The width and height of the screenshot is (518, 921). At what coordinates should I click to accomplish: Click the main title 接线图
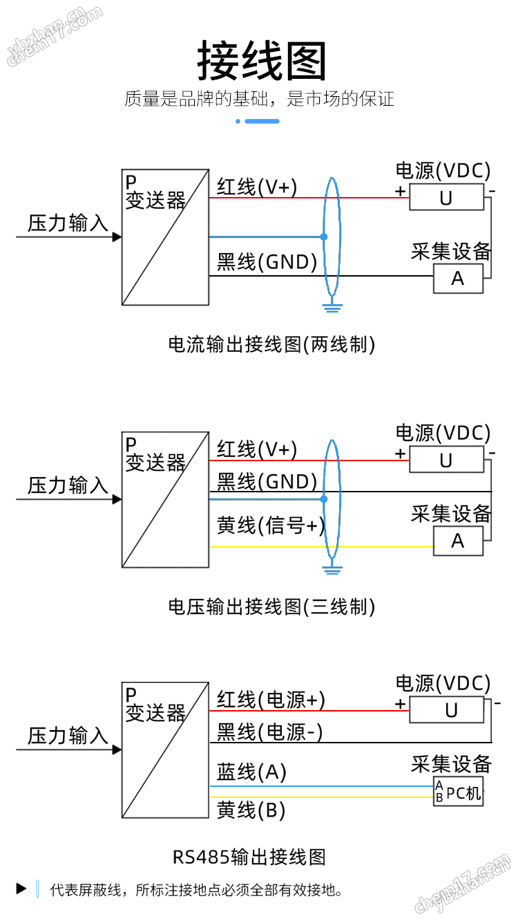pyautogui.click(x=261, y=61)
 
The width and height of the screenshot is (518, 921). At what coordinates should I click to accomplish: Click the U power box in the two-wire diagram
pyautogui.click(x=447, y=197)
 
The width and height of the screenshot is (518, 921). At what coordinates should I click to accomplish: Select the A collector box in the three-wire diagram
pyautogui.click(x=458, y=541)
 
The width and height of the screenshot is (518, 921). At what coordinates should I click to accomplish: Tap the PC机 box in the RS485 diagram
pyautogui.click(x=458, y=791)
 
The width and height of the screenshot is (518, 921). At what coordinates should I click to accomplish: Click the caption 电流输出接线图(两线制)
pyautogui.click(x=271, y=344)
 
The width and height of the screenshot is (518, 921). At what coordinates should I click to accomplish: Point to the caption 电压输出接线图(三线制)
pyautogui.click(x=271, y=607)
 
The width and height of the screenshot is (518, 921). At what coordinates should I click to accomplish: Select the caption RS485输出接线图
pyautogui.click(x=249, y=857)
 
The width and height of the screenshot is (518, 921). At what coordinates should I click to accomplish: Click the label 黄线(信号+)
pyautogui.click(x=271, y=525)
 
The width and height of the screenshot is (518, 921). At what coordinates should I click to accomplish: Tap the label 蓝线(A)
pyautogui.click(x=251, y=772)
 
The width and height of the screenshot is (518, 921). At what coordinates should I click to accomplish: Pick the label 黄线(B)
pyautogui.click(x=251, y=810)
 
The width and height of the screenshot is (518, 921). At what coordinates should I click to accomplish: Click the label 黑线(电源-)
pyautogui.click(x=269, y=732)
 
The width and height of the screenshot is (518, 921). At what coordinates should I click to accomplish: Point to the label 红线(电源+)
pyautogui.click(x=271, y=699)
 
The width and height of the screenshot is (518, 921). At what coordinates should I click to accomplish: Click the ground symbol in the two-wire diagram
pyautogui.click(x=332, y=308)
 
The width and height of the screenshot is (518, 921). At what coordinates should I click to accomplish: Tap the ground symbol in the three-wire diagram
pyautogui.click(x=332, y=570)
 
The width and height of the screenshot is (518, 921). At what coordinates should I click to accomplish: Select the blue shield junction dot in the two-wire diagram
pyautogui.click(x=324, y=237)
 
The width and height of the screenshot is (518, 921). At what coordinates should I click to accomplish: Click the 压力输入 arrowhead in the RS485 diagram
pyautogui.click(x=117, y=750)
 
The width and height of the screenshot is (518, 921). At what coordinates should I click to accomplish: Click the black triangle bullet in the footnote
pyautogui.click(x=21, y=889)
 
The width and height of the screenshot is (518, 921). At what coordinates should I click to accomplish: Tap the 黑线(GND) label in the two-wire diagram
pyautogui.click(x=267, y=262)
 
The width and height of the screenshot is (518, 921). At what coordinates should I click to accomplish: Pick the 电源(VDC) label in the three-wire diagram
pyautogui.click(x=443, y=434)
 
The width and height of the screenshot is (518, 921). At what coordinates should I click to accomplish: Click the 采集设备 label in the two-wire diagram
pyautogui.click(x=451, y=251)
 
